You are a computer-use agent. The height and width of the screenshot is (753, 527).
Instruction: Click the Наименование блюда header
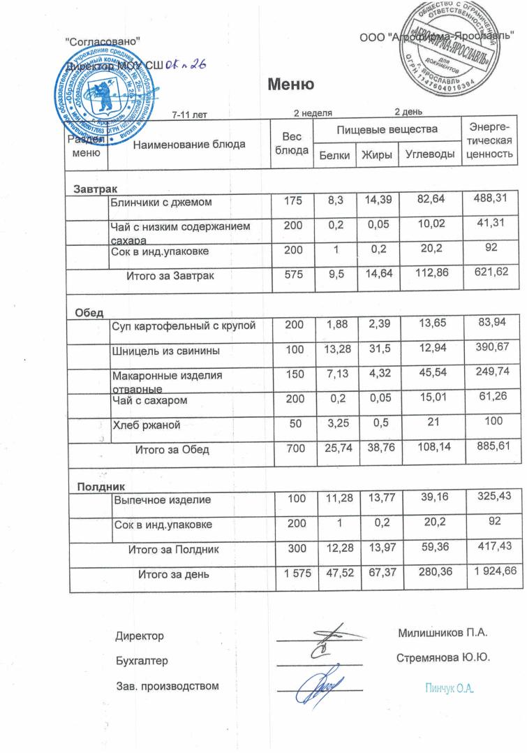tap(189, 145)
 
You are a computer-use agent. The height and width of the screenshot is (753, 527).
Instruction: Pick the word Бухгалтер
tap(142, 660)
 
